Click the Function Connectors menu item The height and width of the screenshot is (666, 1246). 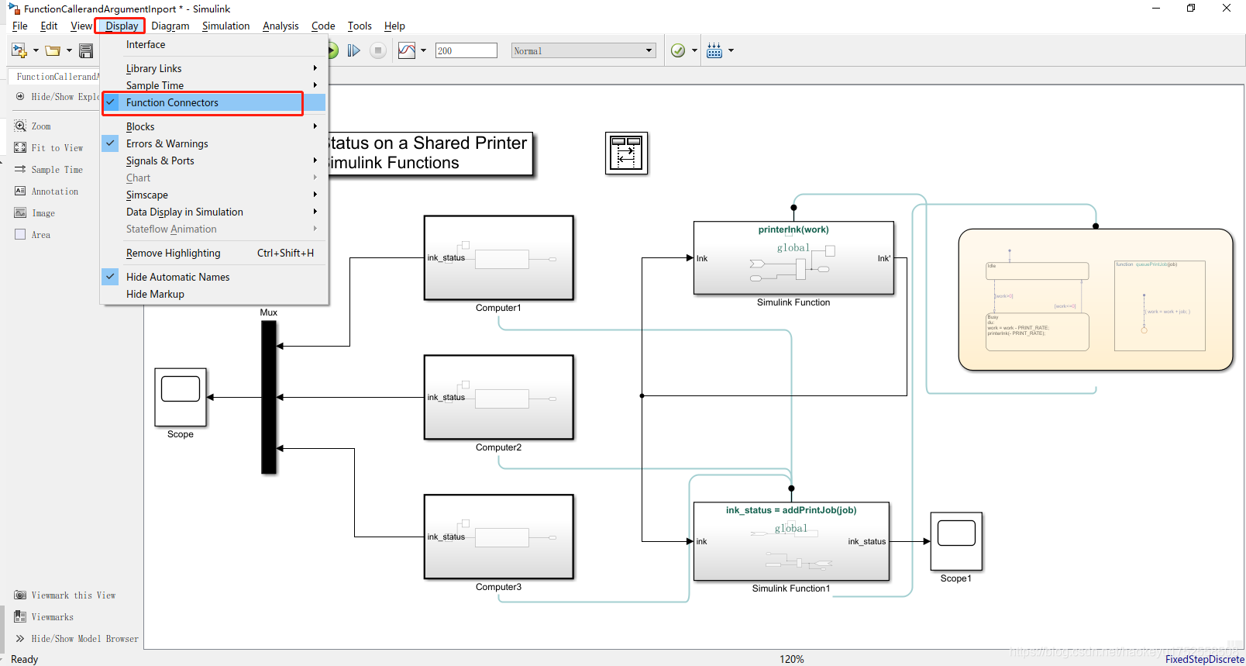(x=172, y=102)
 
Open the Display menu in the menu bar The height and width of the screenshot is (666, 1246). (x=122, y=26)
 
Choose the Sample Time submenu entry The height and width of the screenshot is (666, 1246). (x=155, y=85)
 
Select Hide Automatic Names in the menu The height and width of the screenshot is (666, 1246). (x=177, y=277)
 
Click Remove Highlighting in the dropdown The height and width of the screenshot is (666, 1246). (x=173, y=253)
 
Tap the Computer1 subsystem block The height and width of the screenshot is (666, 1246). (x=498, y=258)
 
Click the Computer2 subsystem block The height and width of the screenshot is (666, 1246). (x=498, y=398)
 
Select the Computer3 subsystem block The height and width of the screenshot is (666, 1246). (x=498, y=537)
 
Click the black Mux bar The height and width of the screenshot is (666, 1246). (x=269, y=397)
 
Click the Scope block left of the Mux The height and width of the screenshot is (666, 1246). (x=181, y=397)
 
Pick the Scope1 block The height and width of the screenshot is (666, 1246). (x=956, y=541)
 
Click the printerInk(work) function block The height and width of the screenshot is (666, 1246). (x=793, y=258)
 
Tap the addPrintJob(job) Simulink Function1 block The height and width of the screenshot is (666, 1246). (x=791, y=541)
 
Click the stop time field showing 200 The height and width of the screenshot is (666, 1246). (x=466, y=50)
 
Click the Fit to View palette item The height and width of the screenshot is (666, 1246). (x=57, y=148)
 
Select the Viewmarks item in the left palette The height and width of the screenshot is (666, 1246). (x=52, y=617)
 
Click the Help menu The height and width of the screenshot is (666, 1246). (x=394, y=26)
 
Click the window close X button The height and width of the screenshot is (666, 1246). (x=1227, y=9)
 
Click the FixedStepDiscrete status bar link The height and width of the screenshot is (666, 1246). (x=1204, y=659)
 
